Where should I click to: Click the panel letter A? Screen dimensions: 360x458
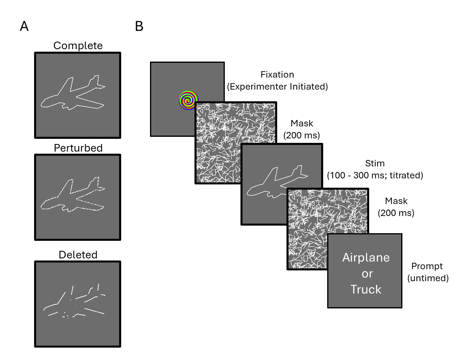pyautogui.click(x=24, y=26)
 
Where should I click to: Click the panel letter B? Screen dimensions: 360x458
pyautogui.click(x=139, y=26)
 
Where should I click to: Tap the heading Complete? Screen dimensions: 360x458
pyautogui.click(x=78, y=46)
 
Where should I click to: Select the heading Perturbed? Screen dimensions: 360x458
pyautogui.click(x=78, y=148)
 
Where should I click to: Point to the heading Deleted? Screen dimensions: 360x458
pyautogui.click(x=78, y=254)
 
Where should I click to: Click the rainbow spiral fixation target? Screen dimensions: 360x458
pyautogui.click(x=186, y=100)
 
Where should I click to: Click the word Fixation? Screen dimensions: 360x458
pyautogui.click(x=277, y=74)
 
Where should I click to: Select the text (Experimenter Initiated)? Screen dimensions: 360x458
pyautogui.click(x=277, y=86)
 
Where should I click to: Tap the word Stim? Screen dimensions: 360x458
pyautogui.click(x=375, y=164)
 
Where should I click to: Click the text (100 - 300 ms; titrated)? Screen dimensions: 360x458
pyautogui.click(x=375, y=175)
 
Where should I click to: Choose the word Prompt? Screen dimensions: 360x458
pyautogui.click(x=427, y=266)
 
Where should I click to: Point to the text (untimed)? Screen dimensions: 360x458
pyautogui.click(x=428, y=278)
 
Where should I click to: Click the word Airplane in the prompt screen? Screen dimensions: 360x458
pyautogui.click(x=366, y=257)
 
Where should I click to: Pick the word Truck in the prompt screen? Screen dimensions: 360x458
pyautogui.click(x=366, y=289)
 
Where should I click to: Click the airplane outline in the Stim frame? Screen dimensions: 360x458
pyautogui.click(x=276, y=184)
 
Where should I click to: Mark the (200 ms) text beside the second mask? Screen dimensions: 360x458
pyautogui.click(x=396, y=213)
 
